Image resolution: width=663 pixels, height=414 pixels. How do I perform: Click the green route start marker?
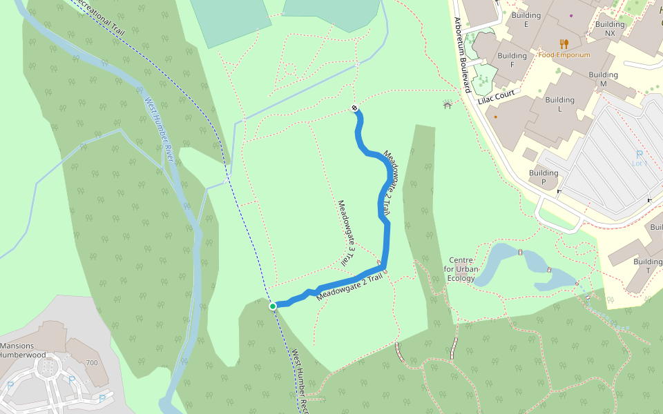click(x=273, y=306)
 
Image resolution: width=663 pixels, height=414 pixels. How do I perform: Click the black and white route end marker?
click(x=354, y=108)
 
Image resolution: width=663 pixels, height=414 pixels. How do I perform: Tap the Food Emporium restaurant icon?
click(x=564, y=44)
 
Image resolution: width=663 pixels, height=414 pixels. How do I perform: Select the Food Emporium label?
click(x=564, y=55)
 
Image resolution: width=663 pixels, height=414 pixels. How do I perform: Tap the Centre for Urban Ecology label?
click(x=461, y=269)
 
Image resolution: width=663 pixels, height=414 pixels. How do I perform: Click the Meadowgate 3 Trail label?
click(x=345, y=233)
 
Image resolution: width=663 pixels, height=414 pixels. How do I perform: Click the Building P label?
click(x=544, y=177)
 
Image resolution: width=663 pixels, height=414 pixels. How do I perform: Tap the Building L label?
click(x=559, y=104)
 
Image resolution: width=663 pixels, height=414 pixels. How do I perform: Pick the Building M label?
click(x=603, y=79)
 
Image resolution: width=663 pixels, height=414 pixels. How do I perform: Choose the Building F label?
click(x=512, y=60)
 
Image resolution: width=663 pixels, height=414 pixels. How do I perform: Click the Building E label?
click(x=526, y=19)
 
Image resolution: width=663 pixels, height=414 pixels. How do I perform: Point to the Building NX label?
click(x=609, y=28)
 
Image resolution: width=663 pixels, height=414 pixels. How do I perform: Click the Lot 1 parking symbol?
click(x=639, y=155)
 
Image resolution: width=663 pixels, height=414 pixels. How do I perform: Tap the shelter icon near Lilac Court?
click(x=447, y=105)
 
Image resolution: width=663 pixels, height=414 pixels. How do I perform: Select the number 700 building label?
click(x=91, y=362)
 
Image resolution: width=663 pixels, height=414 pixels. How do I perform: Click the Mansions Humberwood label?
click(x=22, y=351)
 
